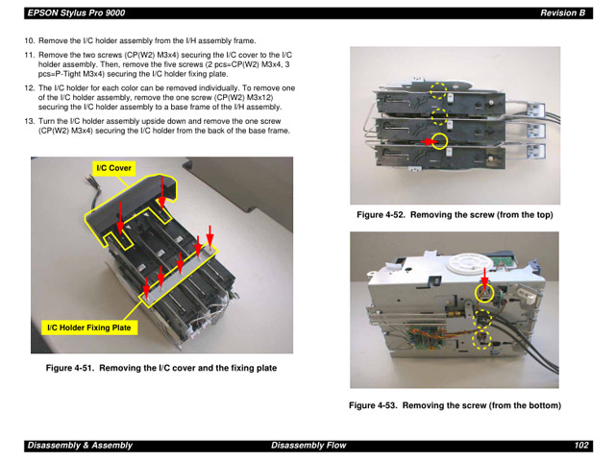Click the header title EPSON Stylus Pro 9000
(76, 12)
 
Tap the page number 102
(580, 446)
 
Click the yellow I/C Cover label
(113, 168)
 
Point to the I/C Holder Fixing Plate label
(89, 328)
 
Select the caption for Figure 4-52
(455, 215)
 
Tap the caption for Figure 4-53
(455, 405)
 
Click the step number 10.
(29, 40)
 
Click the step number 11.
(29, 56)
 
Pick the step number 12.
(29, 88)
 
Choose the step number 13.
(29, 122)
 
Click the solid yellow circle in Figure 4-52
(439, 141)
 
